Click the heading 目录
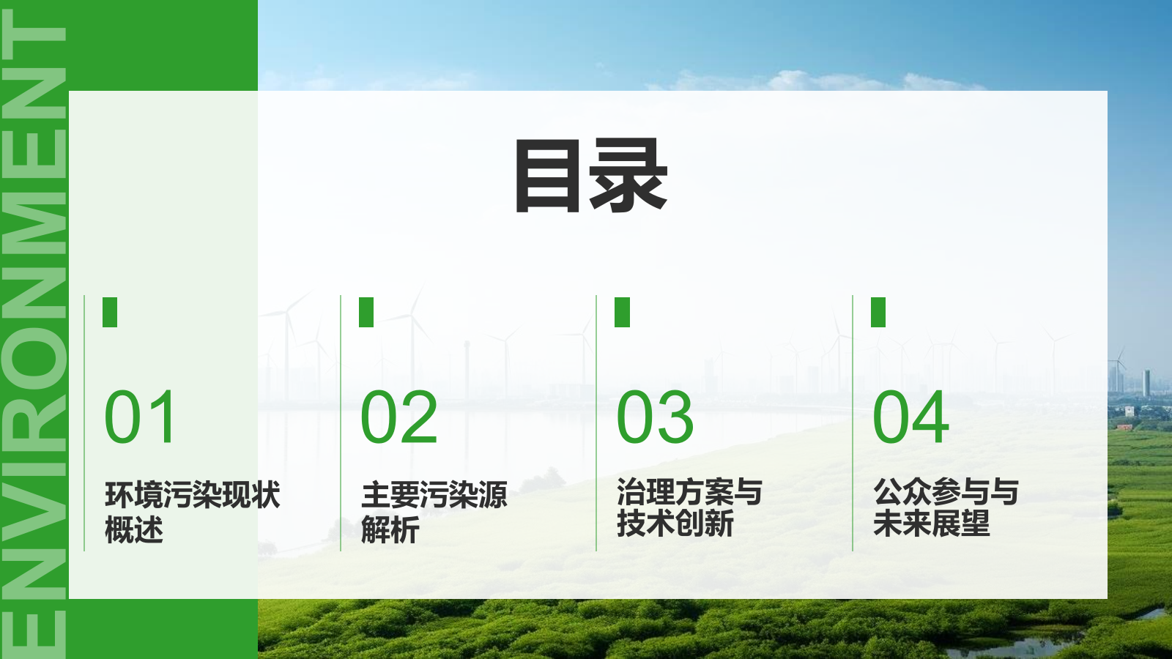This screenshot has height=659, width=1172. point(591,176)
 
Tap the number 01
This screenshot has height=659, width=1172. point(140,417)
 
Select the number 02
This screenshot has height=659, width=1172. point(399,417)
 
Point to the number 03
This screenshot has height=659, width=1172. point(655,417)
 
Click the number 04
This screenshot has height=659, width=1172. point(911,417)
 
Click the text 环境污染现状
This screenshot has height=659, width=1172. point(193,495)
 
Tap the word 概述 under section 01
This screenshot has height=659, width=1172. point(134,529)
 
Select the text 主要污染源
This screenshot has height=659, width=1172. point(434,495)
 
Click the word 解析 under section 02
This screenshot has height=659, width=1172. point(390,529)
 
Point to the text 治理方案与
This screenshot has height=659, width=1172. point(690,492)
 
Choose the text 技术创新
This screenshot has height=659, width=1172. point(675,524)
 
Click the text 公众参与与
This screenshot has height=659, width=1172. point(946,492)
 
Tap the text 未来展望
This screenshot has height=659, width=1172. point(931,524)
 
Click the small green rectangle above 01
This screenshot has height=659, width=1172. point(110,312)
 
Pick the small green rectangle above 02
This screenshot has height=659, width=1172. point(366,312)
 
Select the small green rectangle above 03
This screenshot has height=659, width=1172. point(623,312)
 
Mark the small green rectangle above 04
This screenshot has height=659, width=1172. point(878,312)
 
